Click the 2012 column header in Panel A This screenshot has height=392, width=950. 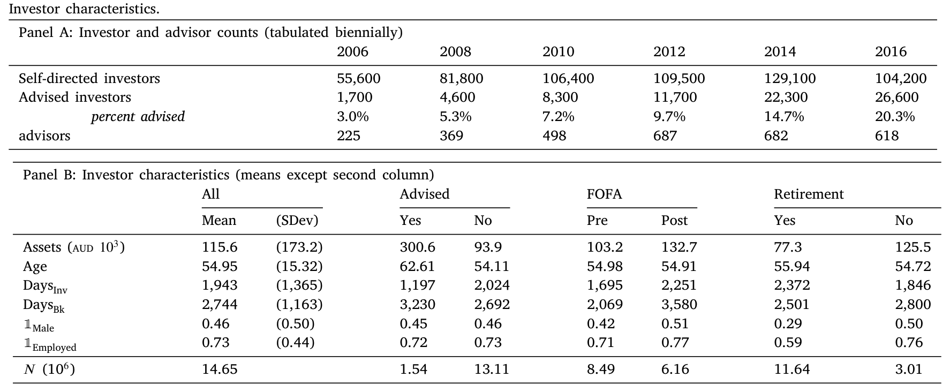[x=669, y=51]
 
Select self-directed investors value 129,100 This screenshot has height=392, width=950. [x=790, y=78]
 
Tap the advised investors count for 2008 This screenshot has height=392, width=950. [x=457, y=97]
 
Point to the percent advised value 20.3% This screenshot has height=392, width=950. [x=895, y=116]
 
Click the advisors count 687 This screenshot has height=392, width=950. [x=665, y=135]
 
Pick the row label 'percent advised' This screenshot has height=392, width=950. [x=138, y=117]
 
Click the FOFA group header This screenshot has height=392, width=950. [x=605, y=194]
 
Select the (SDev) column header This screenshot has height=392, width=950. [x=297, y=221]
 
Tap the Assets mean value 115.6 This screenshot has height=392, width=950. [x=220, y=247]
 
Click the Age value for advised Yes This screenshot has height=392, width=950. [x=417, y=266]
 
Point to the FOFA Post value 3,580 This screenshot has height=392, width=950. [x=679, y=305]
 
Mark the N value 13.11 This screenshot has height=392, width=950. [x=492, y=369]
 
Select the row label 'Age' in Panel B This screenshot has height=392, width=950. [x=35, y=267]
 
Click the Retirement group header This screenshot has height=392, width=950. [x=809, y=194]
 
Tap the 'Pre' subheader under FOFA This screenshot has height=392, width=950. [x=597, y=221]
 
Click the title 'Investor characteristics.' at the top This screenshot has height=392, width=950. [x=84, y=9]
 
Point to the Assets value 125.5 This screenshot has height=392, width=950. [x=913, y=247]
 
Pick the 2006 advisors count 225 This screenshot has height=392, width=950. [x=349, y=135]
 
